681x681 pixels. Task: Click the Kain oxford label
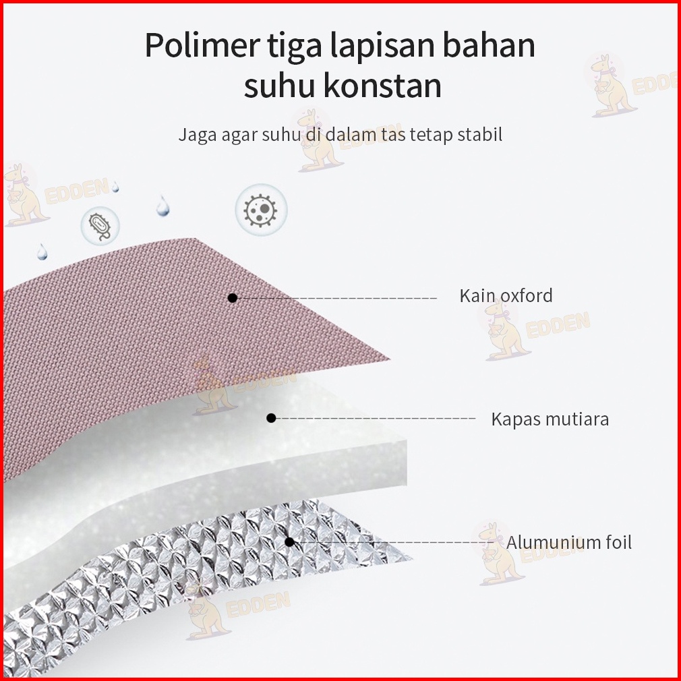click(x=506, y=295)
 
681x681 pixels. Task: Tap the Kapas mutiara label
click(x=550, y=419)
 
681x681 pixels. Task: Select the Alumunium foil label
click(x=569, y=542)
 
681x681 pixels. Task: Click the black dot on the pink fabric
click(x=232, y=297)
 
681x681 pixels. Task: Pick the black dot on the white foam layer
click(x=271, y=418)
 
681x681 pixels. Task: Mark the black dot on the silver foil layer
click(x=289, y=541)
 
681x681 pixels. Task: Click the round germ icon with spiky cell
click(x=261, y=209)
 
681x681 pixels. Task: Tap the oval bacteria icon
click(x=100, y=225)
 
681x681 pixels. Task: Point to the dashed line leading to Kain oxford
click(x=337, y=297)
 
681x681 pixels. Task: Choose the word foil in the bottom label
click(x=614, y=542)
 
